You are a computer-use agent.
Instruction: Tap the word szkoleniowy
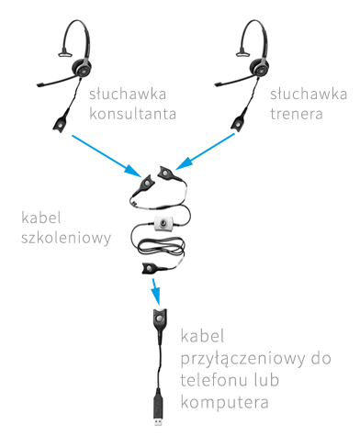pos(67,238)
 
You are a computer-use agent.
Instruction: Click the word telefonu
pos(219,381)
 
